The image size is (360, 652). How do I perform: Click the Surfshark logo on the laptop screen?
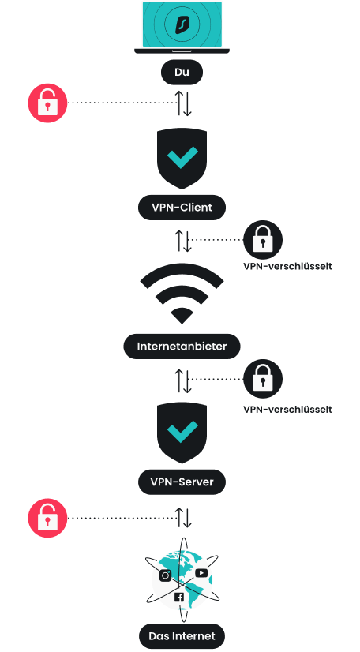(x=182, y=24)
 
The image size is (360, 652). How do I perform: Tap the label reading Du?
(x=182, y=73)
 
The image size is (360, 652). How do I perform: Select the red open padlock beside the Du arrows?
(x=47, y=103)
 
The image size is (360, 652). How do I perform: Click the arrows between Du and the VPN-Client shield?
(x=182, y=103)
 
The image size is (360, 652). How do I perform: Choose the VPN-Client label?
(x=182, y=208)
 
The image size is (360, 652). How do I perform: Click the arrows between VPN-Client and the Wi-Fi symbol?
(x=182, y=240)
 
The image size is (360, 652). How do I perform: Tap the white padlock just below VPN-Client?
(x=262, y=239)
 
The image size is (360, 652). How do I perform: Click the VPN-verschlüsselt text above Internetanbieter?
(x=287, y=266)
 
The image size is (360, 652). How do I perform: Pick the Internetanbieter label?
(x=182, y=346)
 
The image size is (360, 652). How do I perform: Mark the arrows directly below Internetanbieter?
(x=182, y=380)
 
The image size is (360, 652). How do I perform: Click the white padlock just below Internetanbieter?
(x=262, y=380)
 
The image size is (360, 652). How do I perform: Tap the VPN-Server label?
(x=182, y=481)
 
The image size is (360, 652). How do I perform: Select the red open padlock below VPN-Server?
(x=47, y=519)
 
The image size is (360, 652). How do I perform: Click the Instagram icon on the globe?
(x=166, y=575)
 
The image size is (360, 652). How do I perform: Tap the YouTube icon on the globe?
(x=201, y=573)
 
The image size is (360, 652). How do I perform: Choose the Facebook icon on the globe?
(x=179, y=598)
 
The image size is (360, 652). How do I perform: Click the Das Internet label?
(x=182, y=635)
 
